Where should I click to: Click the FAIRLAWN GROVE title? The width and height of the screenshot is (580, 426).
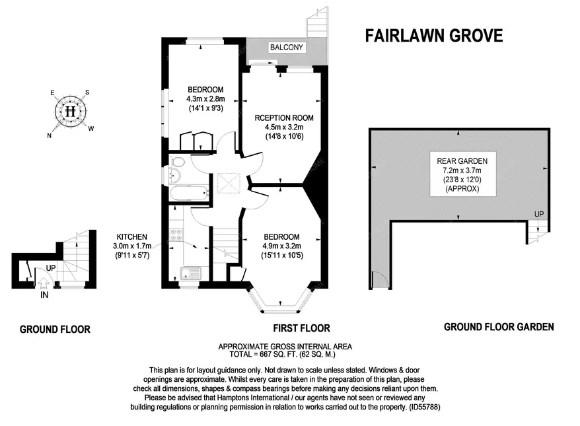pyautogui.click(x=433, y=35)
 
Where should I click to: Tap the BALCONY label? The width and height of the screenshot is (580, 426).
pyautogui.click(x=287, y=48)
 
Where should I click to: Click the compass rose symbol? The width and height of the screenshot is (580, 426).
pyautogui.click(x=71, y=110)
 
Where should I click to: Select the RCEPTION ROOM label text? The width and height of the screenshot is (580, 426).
pyautogui.click(x=283, y=118)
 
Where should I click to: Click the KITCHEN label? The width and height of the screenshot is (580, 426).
pyautogui.click(x=132, y=236)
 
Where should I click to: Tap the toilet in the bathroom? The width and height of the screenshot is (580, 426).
pyautogui.click(x=174, y=174)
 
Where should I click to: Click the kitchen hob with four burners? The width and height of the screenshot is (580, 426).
pyautogui.click(x=176, y=234)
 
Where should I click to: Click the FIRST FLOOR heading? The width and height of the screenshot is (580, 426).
pyautogui.click(x=301, y=328)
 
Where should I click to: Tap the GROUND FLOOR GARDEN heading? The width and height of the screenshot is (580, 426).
pyautogui.click(x=498, y=326)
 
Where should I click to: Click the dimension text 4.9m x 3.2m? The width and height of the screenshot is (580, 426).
pyautogui.click(x=281, y=246)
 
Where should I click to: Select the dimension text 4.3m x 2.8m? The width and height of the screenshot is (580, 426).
pyautogui.click(x=205, y=99)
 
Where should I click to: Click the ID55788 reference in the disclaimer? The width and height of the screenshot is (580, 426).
pyautogui.click(x=421, y=408)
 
